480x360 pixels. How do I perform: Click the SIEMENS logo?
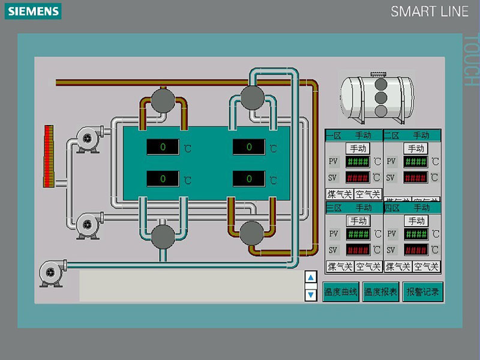(34, 11)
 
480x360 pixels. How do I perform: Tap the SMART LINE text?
(429, 11)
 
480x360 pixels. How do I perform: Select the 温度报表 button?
(381, 292)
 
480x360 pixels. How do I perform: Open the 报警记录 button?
(423, 292)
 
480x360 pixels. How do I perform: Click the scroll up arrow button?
(311, 277)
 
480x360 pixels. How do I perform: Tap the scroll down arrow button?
(311, 295)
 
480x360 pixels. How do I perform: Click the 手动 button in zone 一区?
(358, 148)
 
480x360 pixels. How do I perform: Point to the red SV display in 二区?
(416, 178)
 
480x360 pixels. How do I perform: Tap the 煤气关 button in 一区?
(339, 194)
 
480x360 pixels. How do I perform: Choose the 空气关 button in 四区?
(427, 266)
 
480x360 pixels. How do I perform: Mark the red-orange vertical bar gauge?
(49, 155)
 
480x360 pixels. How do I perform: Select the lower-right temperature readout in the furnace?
(248, 179)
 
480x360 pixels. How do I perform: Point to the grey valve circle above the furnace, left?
(162, 100)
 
